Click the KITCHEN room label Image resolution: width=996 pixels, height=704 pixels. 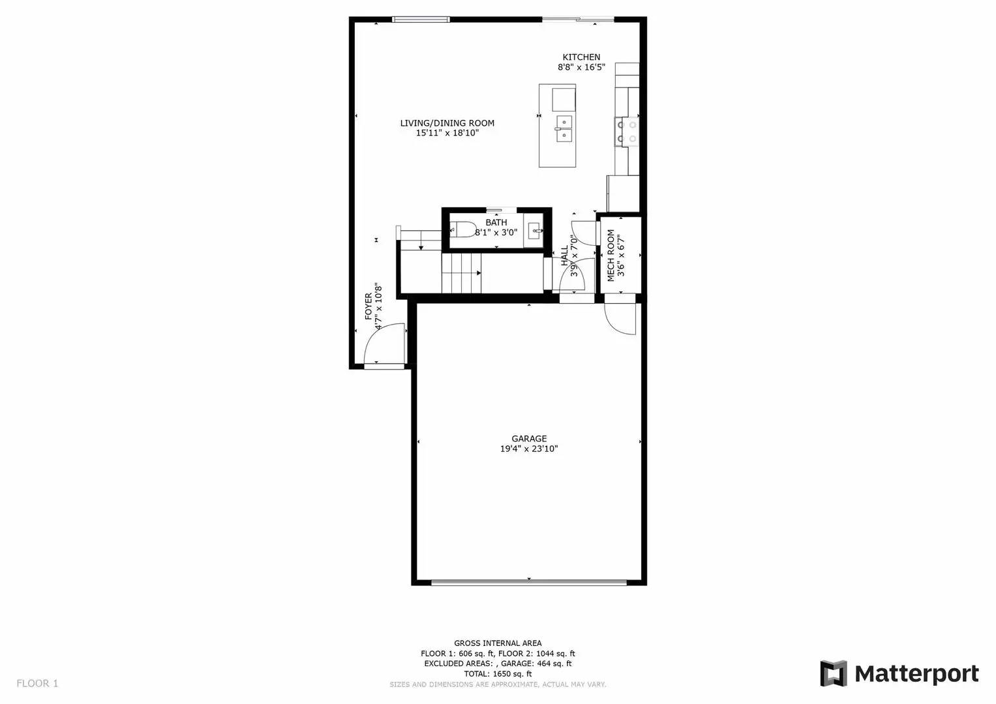coord(581,57)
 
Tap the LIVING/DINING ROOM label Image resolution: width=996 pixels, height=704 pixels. coord(447,123)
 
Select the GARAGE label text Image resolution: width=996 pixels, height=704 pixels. coord(529,439)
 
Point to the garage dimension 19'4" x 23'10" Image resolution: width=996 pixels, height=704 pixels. coord(529,449)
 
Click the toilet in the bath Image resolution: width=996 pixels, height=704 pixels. coord(464,229)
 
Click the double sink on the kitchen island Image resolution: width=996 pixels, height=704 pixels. coord(564,128)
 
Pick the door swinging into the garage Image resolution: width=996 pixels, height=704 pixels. coord(620,319)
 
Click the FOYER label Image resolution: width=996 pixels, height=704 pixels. coord(368,306)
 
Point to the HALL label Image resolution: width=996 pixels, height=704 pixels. coord(564,256)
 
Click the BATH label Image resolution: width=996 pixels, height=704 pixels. coord(496,222)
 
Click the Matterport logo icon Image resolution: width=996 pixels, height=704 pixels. coord(833,673)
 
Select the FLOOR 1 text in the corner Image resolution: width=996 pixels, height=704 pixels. coord(37,684)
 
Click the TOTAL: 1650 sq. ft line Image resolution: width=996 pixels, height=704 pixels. coord(498,674)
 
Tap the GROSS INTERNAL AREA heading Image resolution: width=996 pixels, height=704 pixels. coord(498,643)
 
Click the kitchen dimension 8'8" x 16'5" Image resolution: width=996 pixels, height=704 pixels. coord(581,67)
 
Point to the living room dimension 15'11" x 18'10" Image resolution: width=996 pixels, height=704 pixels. coord(447,133)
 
